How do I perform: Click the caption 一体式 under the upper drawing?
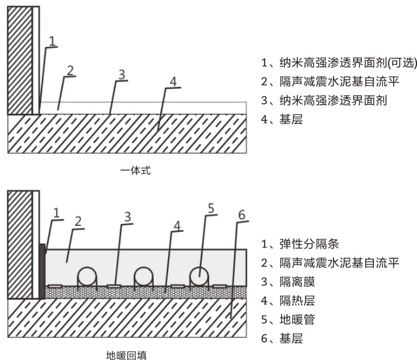pos(135,170)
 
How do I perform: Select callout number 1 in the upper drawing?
pos(52,41)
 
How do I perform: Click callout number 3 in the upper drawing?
pos(121,75)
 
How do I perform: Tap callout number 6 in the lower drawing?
pos(241,214)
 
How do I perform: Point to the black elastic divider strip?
pos(42,271)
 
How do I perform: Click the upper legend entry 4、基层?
pos(282,120)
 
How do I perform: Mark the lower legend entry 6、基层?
pos(282,339)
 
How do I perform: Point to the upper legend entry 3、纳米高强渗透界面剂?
pos(324,101)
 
